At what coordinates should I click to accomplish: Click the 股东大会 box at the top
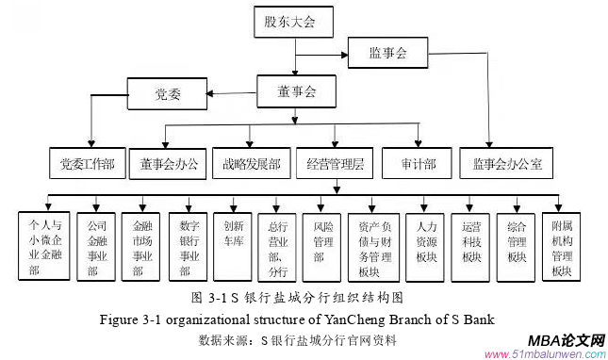[289, 20]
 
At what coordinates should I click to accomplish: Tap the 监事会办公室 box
[507, 164]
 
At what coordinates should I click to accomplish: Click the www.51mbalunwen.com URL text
[543, 354]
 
